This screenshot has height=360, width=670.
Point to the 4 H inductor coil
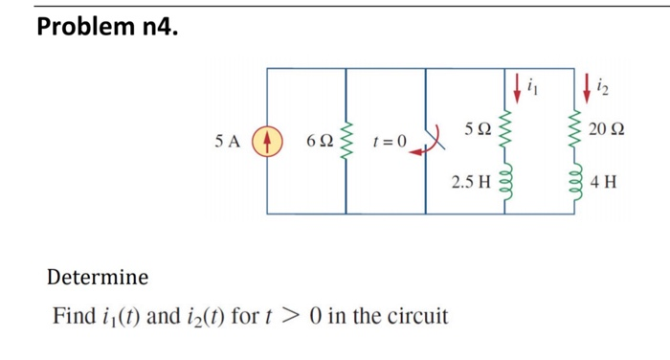576,179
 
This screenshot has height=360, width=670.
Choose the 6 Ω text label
320,141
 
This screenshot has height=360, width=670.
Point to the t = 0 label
389,142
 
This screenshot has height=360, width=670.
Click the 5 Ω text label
476,128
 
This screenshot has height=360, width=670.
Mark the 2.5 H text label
469,179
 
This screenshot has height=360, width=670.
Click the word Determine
98,278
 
